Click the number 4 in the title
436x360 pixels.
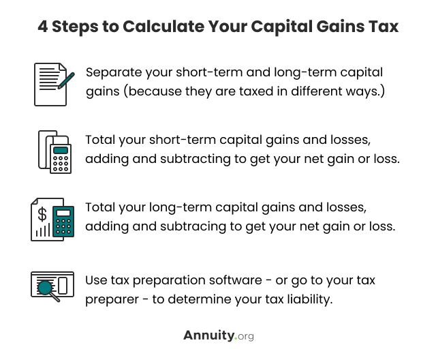[42, 27]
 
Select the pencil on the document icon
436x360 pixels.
[66, 80]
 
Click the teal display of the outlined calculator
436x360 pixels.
[61, 150]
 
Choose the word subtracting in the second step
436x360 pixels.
[196, 159]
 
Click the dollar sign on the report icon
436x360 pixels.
[42, 214]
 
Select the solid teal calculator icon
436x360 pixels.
[63, 222]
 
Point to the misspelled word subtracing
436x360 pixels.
[193, 226]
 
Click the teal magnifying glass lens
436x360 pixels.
[44, 288]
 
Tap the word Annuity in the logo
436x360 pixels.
[209, 336]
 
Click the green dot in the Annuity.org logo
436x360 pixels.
[236, 338]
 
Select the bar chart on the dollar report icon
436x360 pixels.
[43, 230]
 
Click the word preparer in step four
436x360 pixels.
[112, 300]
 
